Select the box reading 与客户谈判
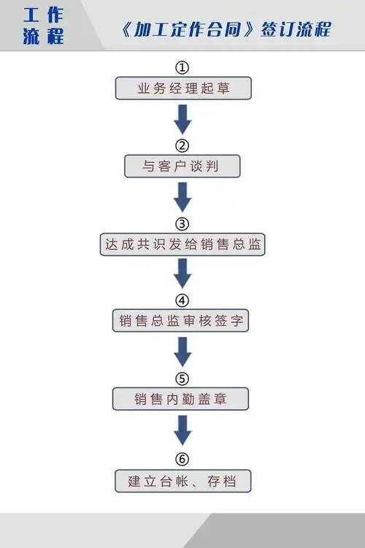pos(182,167)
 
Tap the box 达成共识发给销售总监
pos(182,245)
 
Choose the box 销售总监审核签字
pos(182,321)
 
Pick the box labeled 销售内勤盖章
pos(181,399)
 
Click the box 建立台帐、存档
pos(182,481)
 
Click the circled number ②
pos(182,145)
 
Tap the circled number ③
pos(182,223)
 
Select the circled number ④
pos(182,300)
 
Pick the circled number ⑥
pos(182,459)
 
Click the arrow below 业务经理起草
pos(182,118)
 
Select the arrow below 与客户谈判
pos(182,196)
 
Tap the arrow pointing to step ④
pos(182,273)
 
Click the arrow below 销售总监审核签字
pos(182,351)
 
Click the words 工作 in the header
pos(42,14)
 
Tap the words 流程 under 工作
pos(42,37)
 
